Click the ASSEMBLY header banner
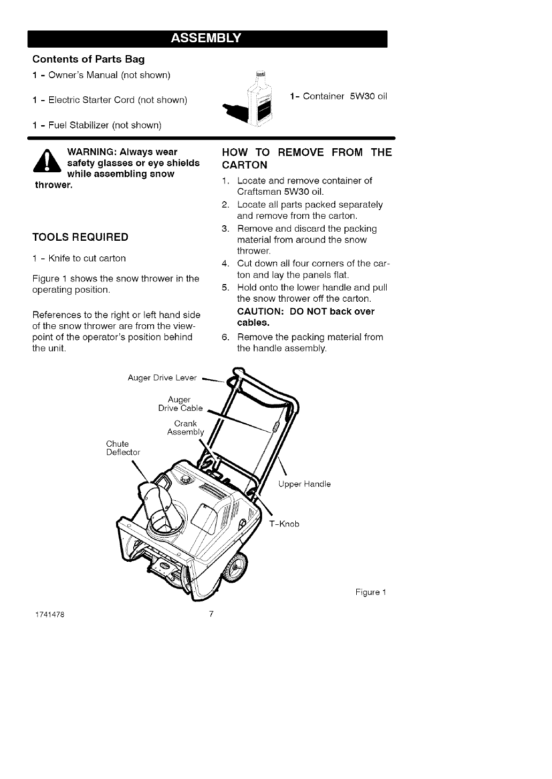tap(206, 39)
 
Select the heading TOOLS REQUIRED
tap(80, 237)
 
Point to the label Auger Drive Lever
tap(162, 378)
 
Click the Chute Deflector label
tap(122, 448)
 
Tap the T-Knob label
tap(284, 524)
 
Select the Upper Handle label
tap(304, 484)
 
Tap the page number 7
tap(211, 614)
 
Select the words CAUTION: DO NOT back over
tap(305, 311)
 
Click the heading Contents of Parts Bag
tap(88, 59)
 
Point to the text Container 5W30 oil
tap(338, 96)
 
